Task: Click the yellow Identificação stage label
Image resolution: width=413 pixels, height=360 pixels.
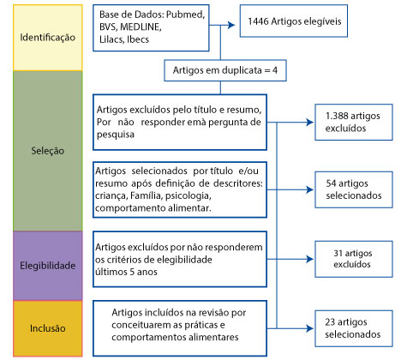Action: (x=48, y=38)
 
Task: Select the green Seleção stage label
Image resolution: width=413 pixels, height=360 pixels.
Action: (x=48, y=151)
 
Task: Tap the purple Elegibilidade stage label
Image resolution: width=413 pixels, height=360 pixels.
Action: (x=48, y=266)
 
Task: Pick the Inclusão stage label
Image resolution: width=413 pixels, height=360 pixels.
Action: (x=48, y=328)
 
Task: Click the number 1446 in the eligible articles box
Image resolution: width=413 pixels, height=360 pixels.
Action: (x=258, y=21)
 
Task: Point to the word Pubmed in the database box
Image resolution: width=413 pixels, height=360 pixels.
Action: (x=185, y=15)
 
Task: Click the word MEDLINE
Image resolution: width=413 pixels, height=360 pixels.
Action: (x=141, y=27)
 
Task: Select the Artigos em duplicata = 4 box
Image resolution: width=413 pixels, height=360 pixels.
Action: (x=225, y=70)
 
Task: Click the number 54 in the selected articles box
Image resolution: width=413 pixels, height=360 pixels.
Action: (x=331, y=183)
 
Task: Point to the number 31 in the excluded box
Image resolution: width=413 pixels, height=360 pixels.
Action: (x=338, y=253)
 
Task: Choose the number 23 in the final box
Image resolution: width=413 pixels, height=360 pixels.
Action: (x=330, y=322)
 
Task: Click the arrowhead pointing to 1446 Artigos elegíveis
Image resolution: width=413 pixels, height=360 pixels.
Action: (x=231, y=25)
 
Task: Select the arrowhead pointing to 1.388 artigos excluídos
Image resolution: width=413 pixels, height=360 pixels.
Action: (x=309, y=123)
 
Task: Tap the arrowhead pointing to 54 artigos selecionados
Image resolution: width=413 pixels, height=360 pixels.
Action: (x=309, y=189)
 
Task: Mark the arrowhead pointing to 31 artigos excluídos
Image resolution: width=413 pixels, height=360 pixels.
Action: (x=309, y=259)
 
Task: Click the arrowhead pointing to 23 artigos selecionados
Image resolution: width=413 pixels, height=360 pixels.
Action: (x=309, y=328)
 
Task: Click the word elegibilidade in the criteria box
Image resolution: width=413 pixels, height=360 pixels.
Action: (x=184, y=260)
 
